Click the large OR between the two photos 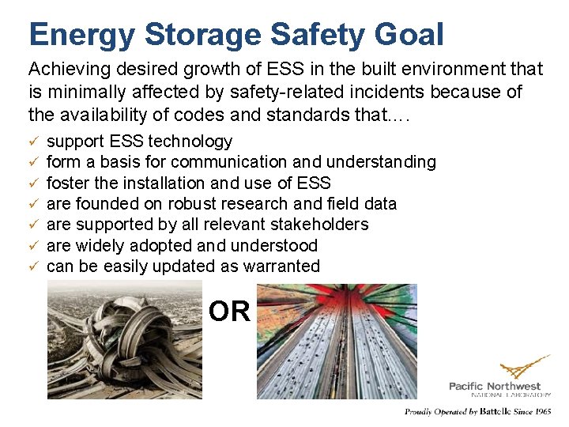[x=229, y=312]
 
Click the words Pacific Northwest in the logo [x=495, y=386]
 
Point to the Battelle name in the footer [x=497, y=412]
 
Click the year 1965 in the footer [x=542, y=412]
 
